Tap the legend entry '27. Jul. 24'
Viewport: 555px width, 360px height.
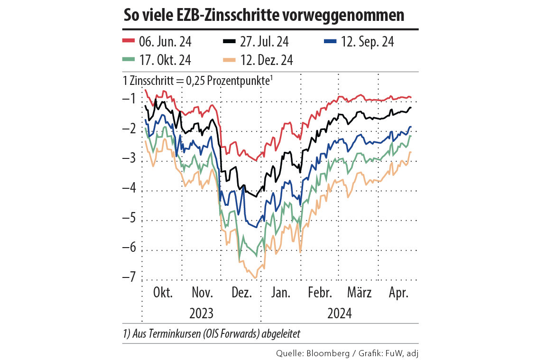262,42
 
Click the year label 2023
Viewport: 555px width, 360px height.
201,314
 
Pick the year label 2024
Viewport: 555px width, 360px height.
339,314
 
